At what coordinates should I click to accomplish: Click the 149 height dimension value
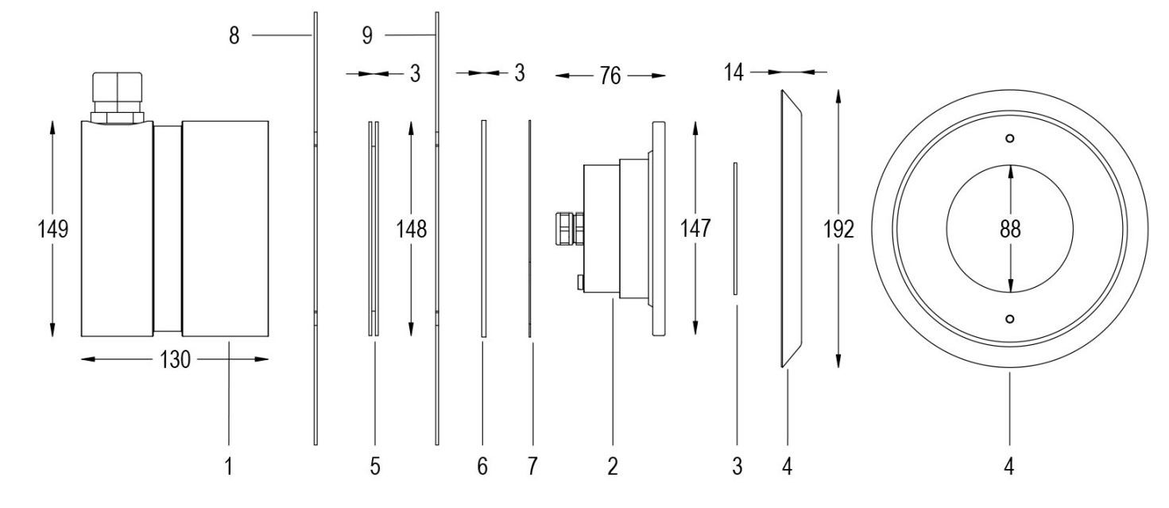tap(52, 229)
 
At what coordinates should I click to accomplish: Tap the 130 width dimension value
tap(175, 359)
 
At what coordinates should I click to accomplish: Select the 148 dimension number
tap(411, 229)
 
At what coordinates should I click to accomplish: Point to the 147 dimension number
tap(695, 228)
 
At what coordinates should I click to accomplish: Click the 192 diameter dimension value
tap(838, 229)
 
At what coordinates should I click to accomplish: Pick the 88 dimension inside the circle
tap(1010, 229)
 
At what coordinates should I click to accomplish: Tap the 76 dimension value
tap(610, 76)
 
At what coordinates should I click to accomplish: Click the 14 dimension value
tap(734, 72)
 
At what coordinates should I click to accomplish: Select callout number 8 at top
tap(234, 36)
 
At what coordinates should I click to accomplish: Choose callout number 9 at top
tap(367, 36)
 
